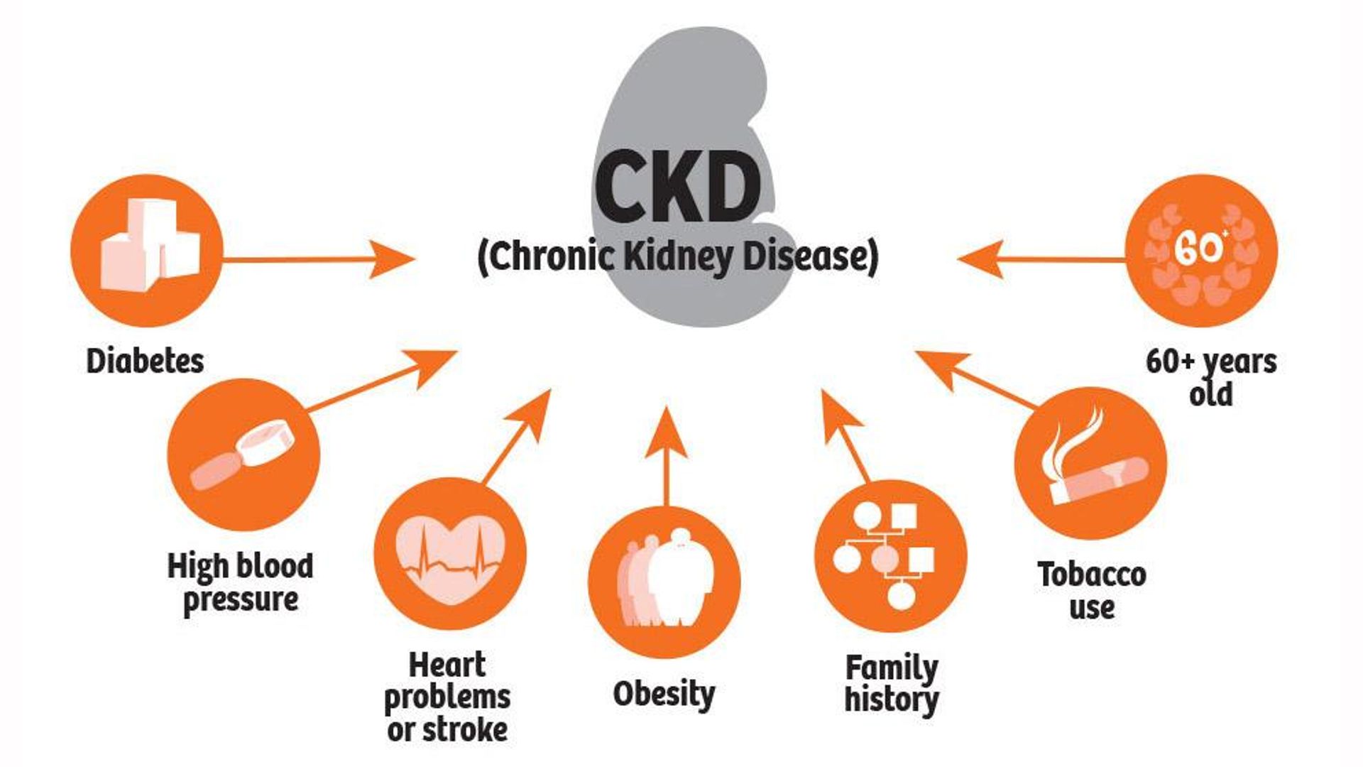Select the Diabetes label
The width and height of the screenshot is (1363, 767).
145,361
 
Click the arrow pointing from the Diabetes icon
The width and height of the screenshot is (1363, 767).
319,259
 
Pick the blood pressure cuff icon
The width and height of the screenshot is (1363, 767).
243,455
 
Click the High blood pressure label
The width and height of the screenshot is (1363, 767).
240,582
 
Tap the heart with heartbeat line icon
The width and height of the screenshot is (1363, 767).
450,554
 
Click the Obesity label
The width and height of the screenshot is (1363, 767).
664,694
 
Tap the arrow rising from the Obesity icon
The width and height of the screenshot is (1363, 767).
666,455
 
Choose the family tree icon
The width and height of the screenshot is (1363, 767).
890,555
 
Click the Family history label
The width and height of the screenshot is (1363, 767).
892,683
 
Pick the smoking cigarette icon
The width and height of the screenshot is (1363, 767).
1090,462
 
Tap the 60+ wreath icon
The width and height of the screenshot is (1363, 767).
1201,250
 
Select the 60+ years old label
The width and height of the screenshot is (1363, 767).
1211,376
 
